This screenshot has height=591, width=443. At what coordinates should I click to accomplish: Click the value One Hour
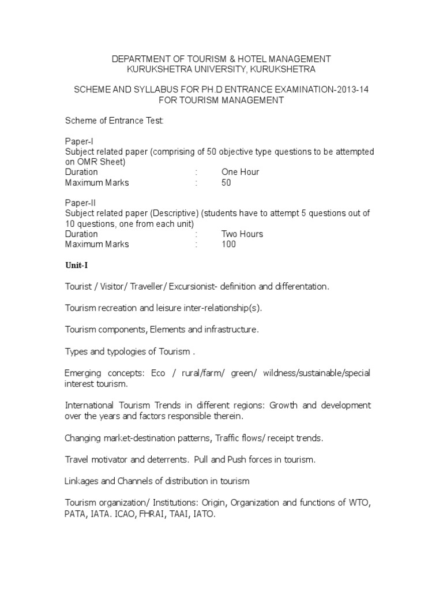pyautogui.click(x=240, y=172)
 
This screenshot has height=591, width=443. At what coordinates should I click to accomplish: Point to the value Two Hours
pyautogui.click(x=242, y=234)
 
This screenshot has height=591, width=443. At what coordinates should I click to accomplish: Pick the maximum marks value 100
pyautogui.click(x=228, y=244)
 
